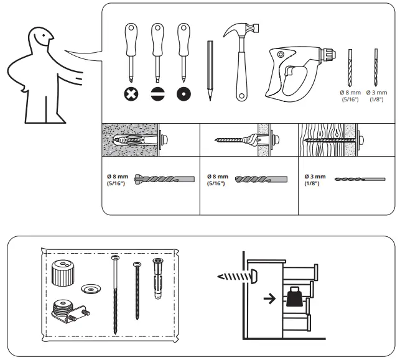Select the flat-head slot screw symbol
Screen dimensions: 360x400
point(157,95)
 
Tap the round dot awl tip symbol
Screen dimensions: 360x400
point(183,95)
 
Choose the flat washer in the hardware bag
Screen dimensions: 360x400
point(91,288)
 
